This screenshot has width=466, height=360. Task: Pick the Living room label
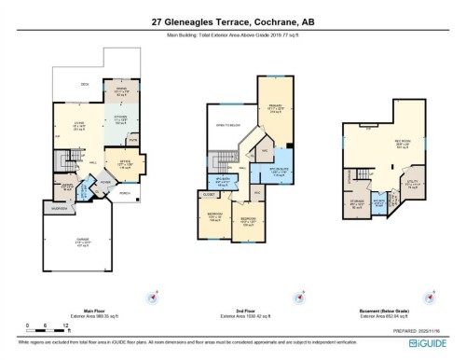coord(69,126)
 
